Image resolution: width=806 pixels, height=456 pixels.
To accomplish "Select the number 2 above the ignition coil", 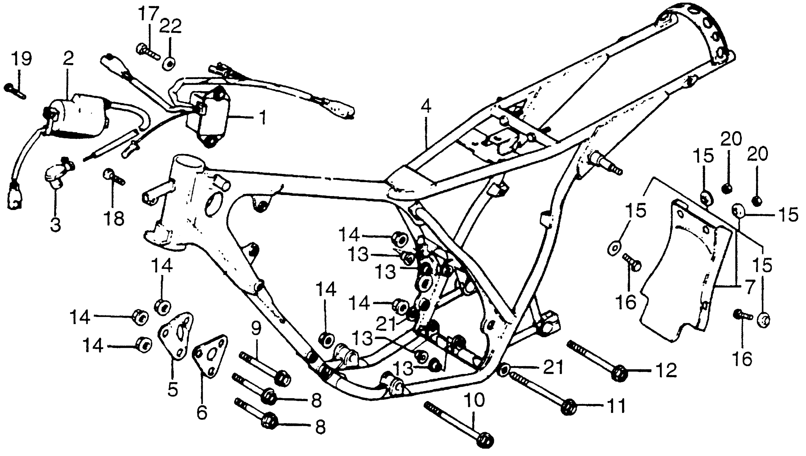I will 68,58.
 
